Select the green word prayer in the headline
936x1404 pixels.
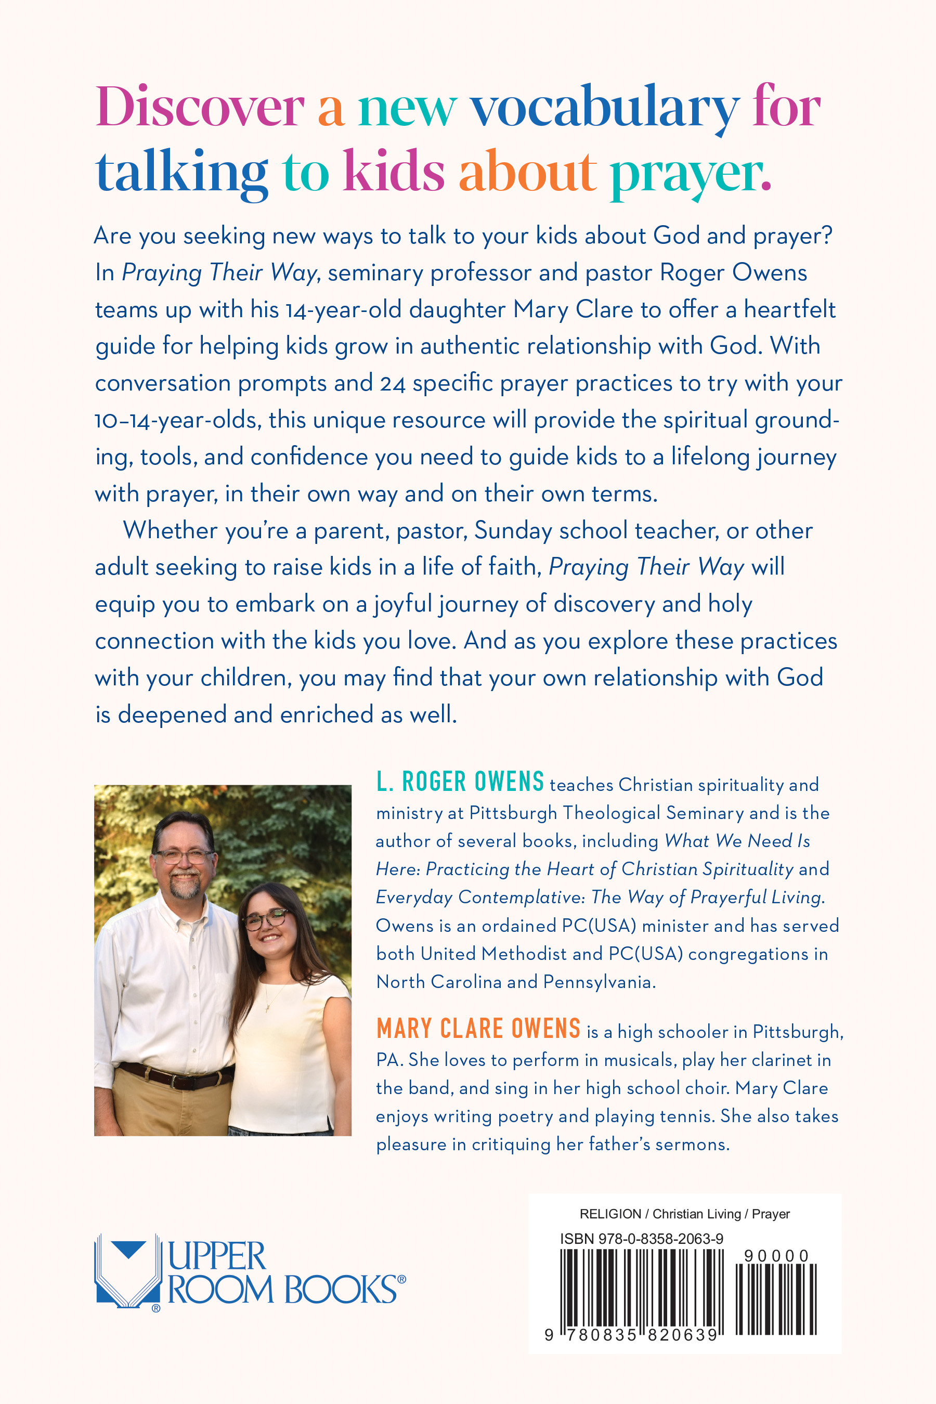coord(690,173)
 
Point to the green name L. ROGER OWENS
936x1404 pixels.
coord(460,782)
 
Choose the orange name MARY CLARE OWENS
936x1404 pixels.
coord(478,1029)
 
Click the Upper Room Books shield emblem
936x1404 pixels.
coord(128,1271)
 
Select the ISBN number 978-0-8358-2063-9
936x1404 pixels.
coord(641,1239)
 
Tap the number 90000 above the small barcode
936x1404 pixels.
coord(775,1256)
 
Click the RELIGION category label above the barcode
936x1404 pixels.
coord(610,1214)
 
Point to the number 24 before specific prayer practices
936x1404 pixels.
coord(392,384)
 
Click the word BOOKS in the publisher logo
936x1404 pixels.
coord(340,1290)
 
